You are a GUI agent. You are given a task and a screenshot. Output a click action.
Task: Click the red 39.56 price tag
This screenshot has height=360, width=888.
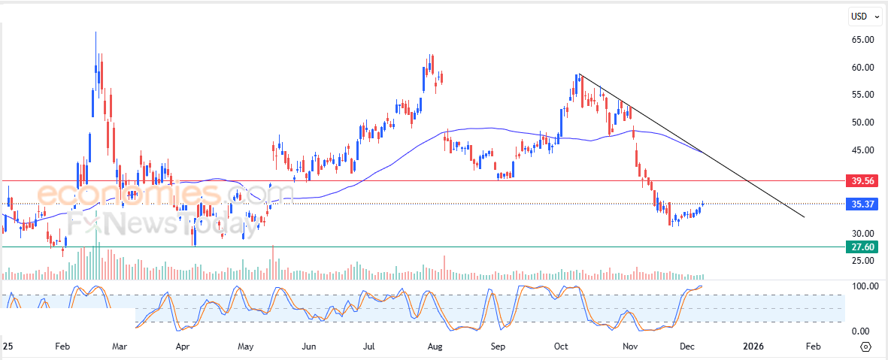coord(862,181)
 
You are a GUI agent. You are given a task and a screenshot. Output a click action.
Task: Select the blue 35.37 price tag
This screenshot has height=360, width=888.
coord(862,204)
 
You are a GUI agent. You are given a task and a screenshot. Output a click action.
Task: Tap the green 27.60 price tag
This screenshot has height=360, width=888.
coord(862,247)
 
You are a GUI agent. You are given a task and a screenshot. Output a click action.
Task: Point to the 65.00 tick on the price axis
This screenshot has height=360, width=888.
coord(862,40)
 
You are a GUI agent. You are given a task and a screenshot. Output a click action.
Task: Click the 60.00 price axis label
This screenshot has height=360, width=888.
coord(862,68)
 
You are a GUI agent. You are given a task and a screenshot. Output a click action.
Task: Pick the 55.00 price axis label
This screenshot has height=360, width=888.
coord(862,95)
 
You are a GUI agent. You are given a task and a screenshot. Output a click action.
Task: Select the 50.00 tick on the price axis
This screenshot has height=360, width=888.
coord(862,123)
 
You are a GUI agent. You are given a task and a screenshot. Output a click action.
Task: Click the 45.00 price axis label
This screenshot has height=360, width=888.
coord(862,150)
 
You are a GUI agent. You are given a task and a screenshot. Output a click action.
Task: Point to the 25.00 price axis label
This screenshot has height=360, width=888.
coord(862,261)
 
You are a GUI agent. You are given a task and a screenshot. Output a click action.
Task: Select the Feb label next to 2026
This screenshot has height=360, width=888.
coord(813,347)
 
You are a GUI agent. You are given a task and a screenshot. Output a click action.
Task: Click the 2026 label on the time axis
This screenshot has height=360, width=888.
coord(753,347)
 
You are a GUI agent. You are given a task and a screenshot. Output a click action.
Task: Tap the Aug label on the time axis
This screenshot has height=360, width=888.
coord(434,347)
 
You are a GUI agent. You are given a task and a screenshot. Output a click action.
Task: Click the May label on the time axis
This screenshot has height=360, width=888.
coord(246,347)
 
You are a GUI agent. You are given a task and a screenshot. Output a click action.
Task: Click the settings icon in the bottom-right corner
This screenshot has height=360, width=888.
coord(865,347)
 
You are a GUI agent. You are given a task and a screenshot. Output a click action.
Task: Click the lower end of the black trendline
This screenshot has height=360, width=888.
coord(804,217)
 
